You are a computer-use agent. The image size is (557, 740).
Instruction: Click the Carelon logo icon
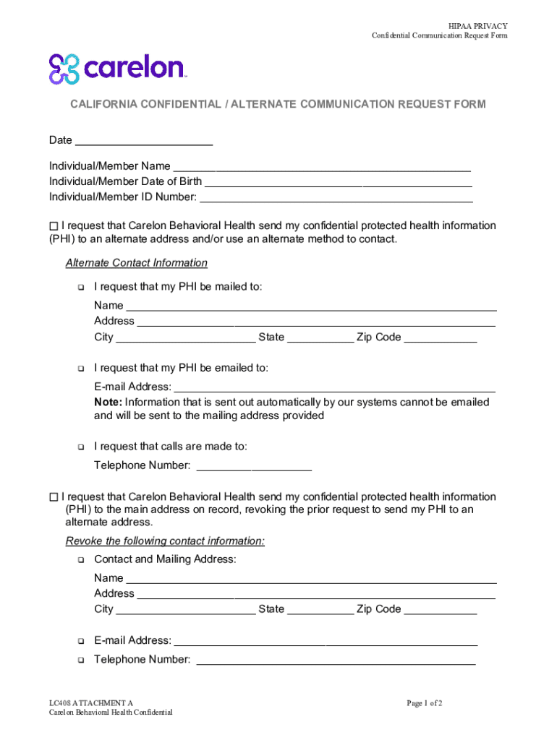[x=64, y=69]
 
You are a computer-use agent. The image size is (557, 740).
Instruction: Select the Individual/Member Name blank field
[x=322, y=166]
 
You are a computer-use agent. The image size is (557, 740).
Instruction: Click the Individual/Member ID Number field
[x=336, y=197]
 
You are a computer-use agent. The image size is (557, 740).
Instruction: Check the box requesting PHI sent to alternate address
[x=54, y=226]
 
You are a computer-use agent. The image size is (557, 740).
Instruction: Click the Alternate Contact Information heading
[x=136, y=263]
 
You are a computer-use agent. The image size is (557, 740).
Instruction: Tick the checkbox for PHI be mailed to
[x=80, y=288]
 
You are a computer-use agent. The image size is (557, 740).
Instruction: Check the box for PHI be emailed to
[x=80, y=369]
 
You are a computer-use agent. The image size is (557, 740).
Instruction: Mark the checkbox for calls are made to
[x=80, y=447]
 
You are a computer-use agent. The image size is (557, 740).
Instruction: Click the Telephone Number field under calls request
[x=254, y=465]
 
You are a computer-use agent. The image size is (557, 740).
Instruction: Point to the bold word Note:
[x=108, y=402]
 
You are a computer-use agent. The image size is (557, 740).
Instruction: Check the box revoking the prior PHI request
[x=54, y=497]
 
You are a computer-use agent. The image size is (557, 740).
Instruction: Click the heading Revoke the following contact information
[x=165, y=541]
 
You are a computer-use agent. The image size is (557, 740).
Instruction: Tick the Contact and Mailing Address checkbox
[x=80, y=560]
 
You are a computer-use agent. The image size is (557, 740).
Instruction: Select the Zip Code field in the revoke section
[x=440, y=609]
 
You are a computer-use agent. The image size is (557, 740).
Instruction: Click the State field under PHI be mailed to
[x=320, y=337]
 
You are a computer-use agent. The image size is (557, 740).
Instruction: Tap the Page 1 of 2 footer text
[x=424, y=703]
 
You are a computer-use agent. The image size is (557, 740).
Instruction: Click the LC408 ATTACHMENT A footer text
[x=91, y=703]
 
